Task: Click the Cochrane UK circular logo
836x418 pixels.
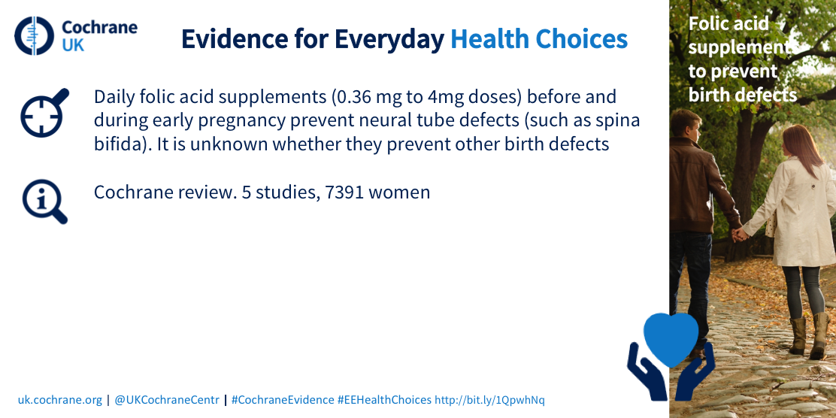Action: (x=34, y=36)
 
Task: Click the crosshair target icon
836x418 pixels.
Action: (x=44, y=113)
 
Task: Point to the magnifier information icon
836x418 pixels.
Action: (x=45, y=201)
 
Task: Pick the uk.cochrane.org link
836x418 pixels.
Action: (x=59, y=400)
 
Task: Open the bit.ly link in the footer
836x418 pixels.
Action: (x=490, y=400)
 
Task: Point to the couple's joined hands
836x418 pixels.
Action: (x=739, y=234)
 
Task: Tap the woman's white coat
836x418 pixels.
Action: (x=795, y=211)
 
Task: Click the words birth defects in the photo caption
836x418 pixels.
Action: (x=743, y=95)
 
